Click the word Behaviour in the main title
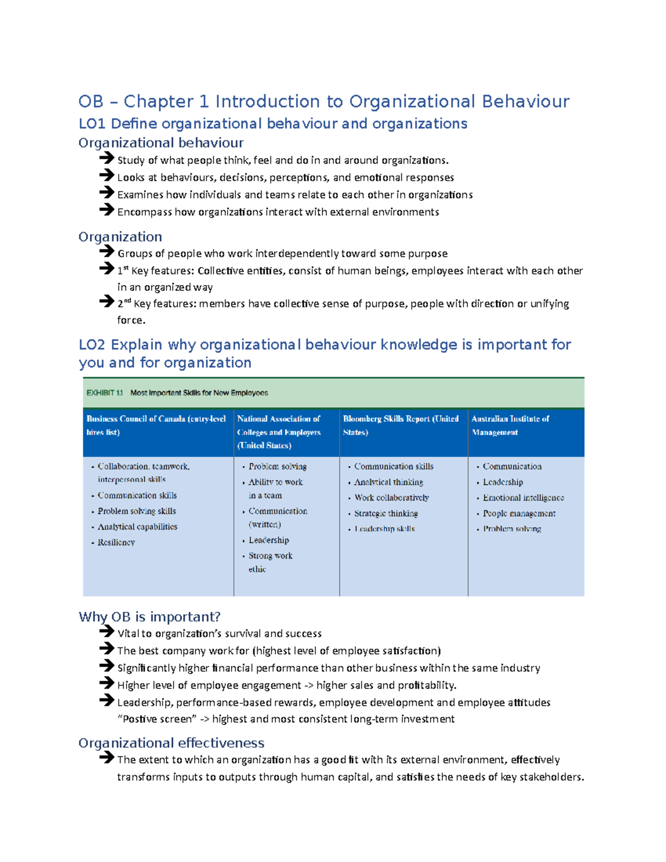pyautogui.click(x=525, y=102)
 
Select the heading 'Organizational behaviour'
pyautogui.click(x=161, y=143)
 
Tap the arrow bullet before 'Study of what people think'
pyautogui.click(x=107, y=159)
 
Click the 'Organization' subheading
pyautogui.click(x=120, y=236)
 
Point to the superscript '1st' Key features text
pyautogui.click(x=123, y=270)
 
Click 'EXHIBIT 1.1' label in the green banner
pyautogui.click(x=104, y=392)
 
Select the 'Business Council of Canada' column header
pyautogui.click(x=156, y=425)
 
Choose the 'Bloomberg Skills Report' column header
pyautogui.click(x=400, y=425)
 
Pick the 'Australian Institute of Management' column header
pyautogui.click(x=510, y=425)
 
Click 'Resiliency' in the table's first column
pyautogui.click(x=116, y=542)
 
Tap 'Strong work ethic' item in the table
pyautogui.click(x=270, y=562)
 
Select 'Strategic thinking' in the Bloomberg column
pyautogui.click(x=386, y=513)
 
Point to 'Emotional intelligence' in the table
pyautogui.click(x=523, y=498)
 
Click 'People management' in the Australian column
pyautogui.click(x=518, y=513)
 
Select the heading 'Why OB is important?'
pyautogui.click(x=149, y=617)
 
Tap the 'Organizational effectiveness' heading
pyautogui.click(x=171, y=743)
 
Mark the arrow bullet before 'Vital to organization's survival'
pyautogui.click(x=107, y=632)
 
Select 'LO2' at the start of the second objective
pyautogui.click(x=92, y=345)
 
